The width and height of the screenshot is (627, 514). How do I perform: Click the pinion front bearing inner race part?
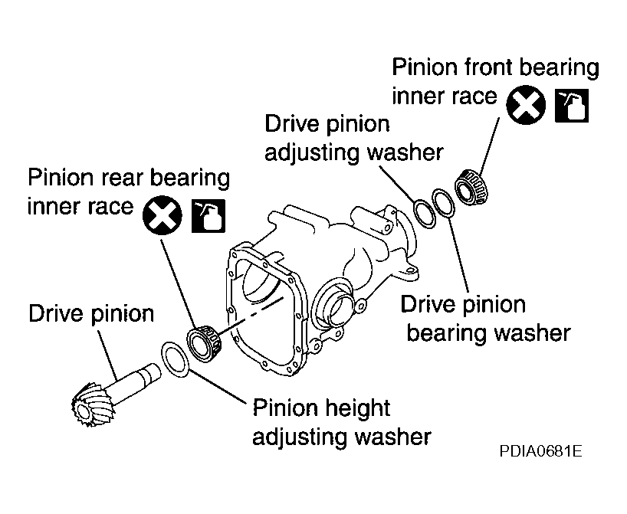[472, 187]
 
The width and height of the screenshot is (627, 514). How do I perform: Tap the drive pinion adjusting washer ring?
[425, 213]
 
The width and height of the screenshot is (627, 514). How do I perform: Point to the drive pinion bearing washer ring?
[443, 203]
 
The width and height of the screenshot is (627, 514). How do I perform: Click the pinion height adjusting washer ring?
[175, 358]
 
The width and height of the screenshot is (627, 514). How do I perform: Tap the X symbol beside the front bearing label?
[526, 105]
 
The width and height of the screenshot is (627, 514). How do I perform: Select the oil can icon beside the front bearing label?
[572, 106]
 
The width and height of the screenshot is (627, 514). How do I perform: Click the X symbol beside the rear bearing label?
[162, 215]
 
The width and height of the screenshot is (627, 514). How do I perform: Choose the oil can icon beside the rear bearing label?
[208, 216]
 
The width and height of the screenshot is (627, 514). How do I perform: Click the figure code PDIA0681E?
[540, 451]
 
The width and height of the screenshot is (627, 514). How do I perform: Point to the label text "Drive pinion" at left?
[91, 314]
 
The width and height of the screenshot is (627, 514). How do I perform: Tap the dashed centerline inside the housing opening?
[252, 315]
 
